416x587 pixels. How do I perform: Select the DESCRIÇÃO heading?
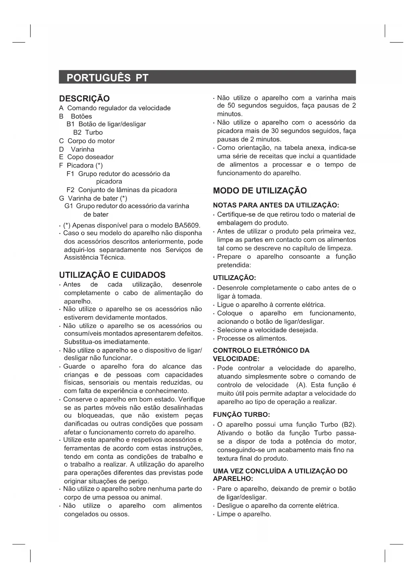click(84, 98)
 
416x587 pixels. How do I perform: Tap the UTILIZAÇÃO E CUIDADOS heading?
click(112, 275)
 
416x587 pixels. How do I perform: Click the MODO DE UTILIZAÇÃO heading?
click(260, 191)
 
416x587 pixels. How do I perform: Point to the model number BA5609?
click(188, 225)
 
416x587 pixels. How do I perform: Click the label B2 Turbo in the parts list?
click(88, 133)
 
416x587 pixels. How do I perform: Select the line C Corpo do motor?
click(87, 141)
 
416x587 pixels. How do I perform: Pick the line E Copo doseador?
click(86, 157)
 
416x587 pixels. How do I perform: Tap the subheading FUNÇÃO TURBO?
click(241, 415)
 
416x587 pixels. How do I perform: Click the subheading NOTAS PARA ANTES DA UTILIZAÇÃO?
click(276, 205)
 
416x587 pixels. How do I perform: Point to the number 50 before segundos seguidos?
click(231, 106)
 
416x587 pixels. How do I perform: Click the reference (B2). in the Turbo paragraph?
click(349, 425)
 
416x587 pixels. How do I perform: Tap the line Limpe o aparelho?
click(244, 514)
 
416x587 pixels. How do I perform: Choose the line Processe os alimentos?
click(252, 338)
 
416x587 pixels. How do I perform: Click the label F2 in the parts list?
click(70, 190)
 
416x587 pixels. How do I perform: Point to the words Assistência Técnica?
click(95, 257)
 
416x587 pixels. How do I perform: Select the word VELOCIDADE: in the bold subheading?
click(236, 359)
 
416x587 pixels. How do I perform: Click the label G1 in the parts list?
click(69, 206)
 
